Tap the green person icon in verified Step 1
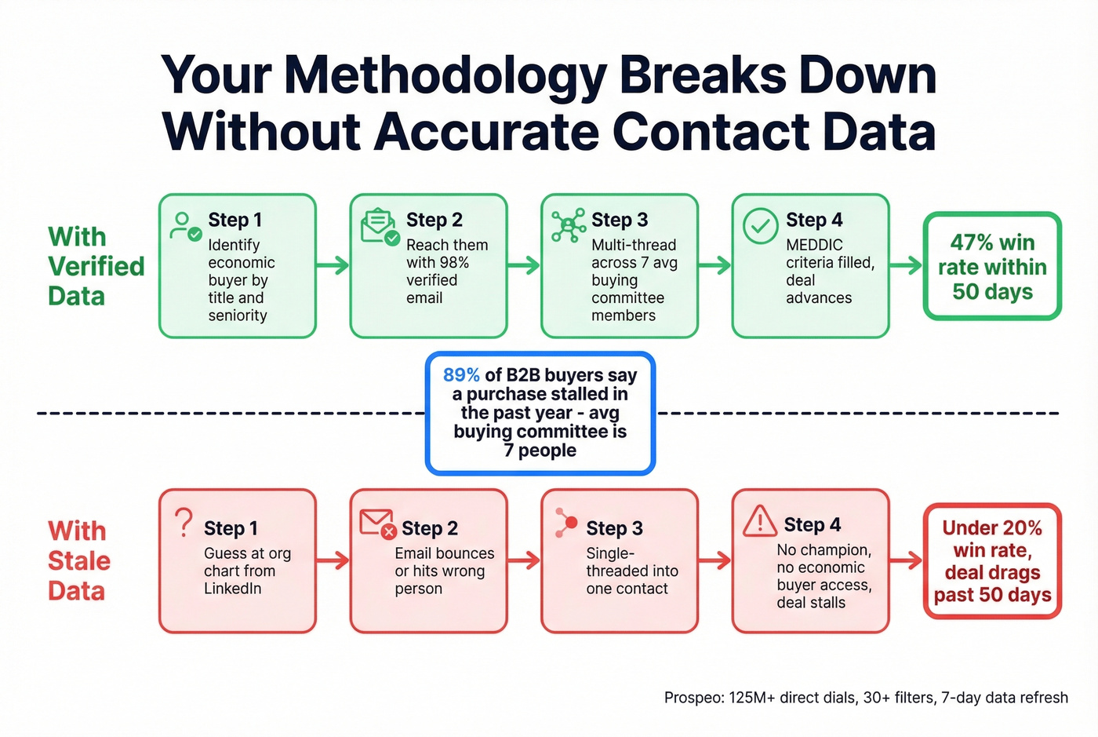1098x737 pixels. [x=185, y=226]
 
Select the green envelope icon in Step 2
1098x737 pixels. [x=380, y=227]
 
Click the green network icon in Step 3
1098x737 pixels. [x=569, y=226]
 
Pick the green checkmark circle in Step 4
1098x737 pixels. [x=760, y=226]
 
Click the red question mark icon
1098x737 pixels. [x=184, y=523]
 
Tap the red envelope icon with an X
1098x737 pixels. [x=377, y=524]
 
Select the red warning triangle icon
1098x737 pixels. [x=759, y=521]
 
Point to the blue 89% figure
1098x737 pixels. [x=461, y=375]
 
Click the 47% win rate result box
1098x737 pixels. [x=992, y=267]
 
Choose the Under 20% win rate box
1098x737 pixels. [x=992, y=561]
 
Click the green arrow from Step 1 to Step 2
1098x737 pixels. [x=333, y=265]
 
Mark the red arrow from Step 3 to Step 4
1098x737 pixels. [x=714, y=560]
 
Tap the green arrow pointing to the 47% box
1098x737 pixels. [x=906, y=265]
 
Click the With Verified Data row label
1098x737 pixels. [x=96, y=266]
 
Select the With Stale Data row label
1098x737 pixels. [x=78, y=560]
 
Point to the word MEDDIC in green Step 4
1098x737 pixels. [x=814, y=245]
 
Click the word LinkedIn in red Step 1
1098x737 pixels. [x=232, y=589]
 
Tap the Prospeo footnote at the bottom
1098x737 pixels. [x=866, y=697]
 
